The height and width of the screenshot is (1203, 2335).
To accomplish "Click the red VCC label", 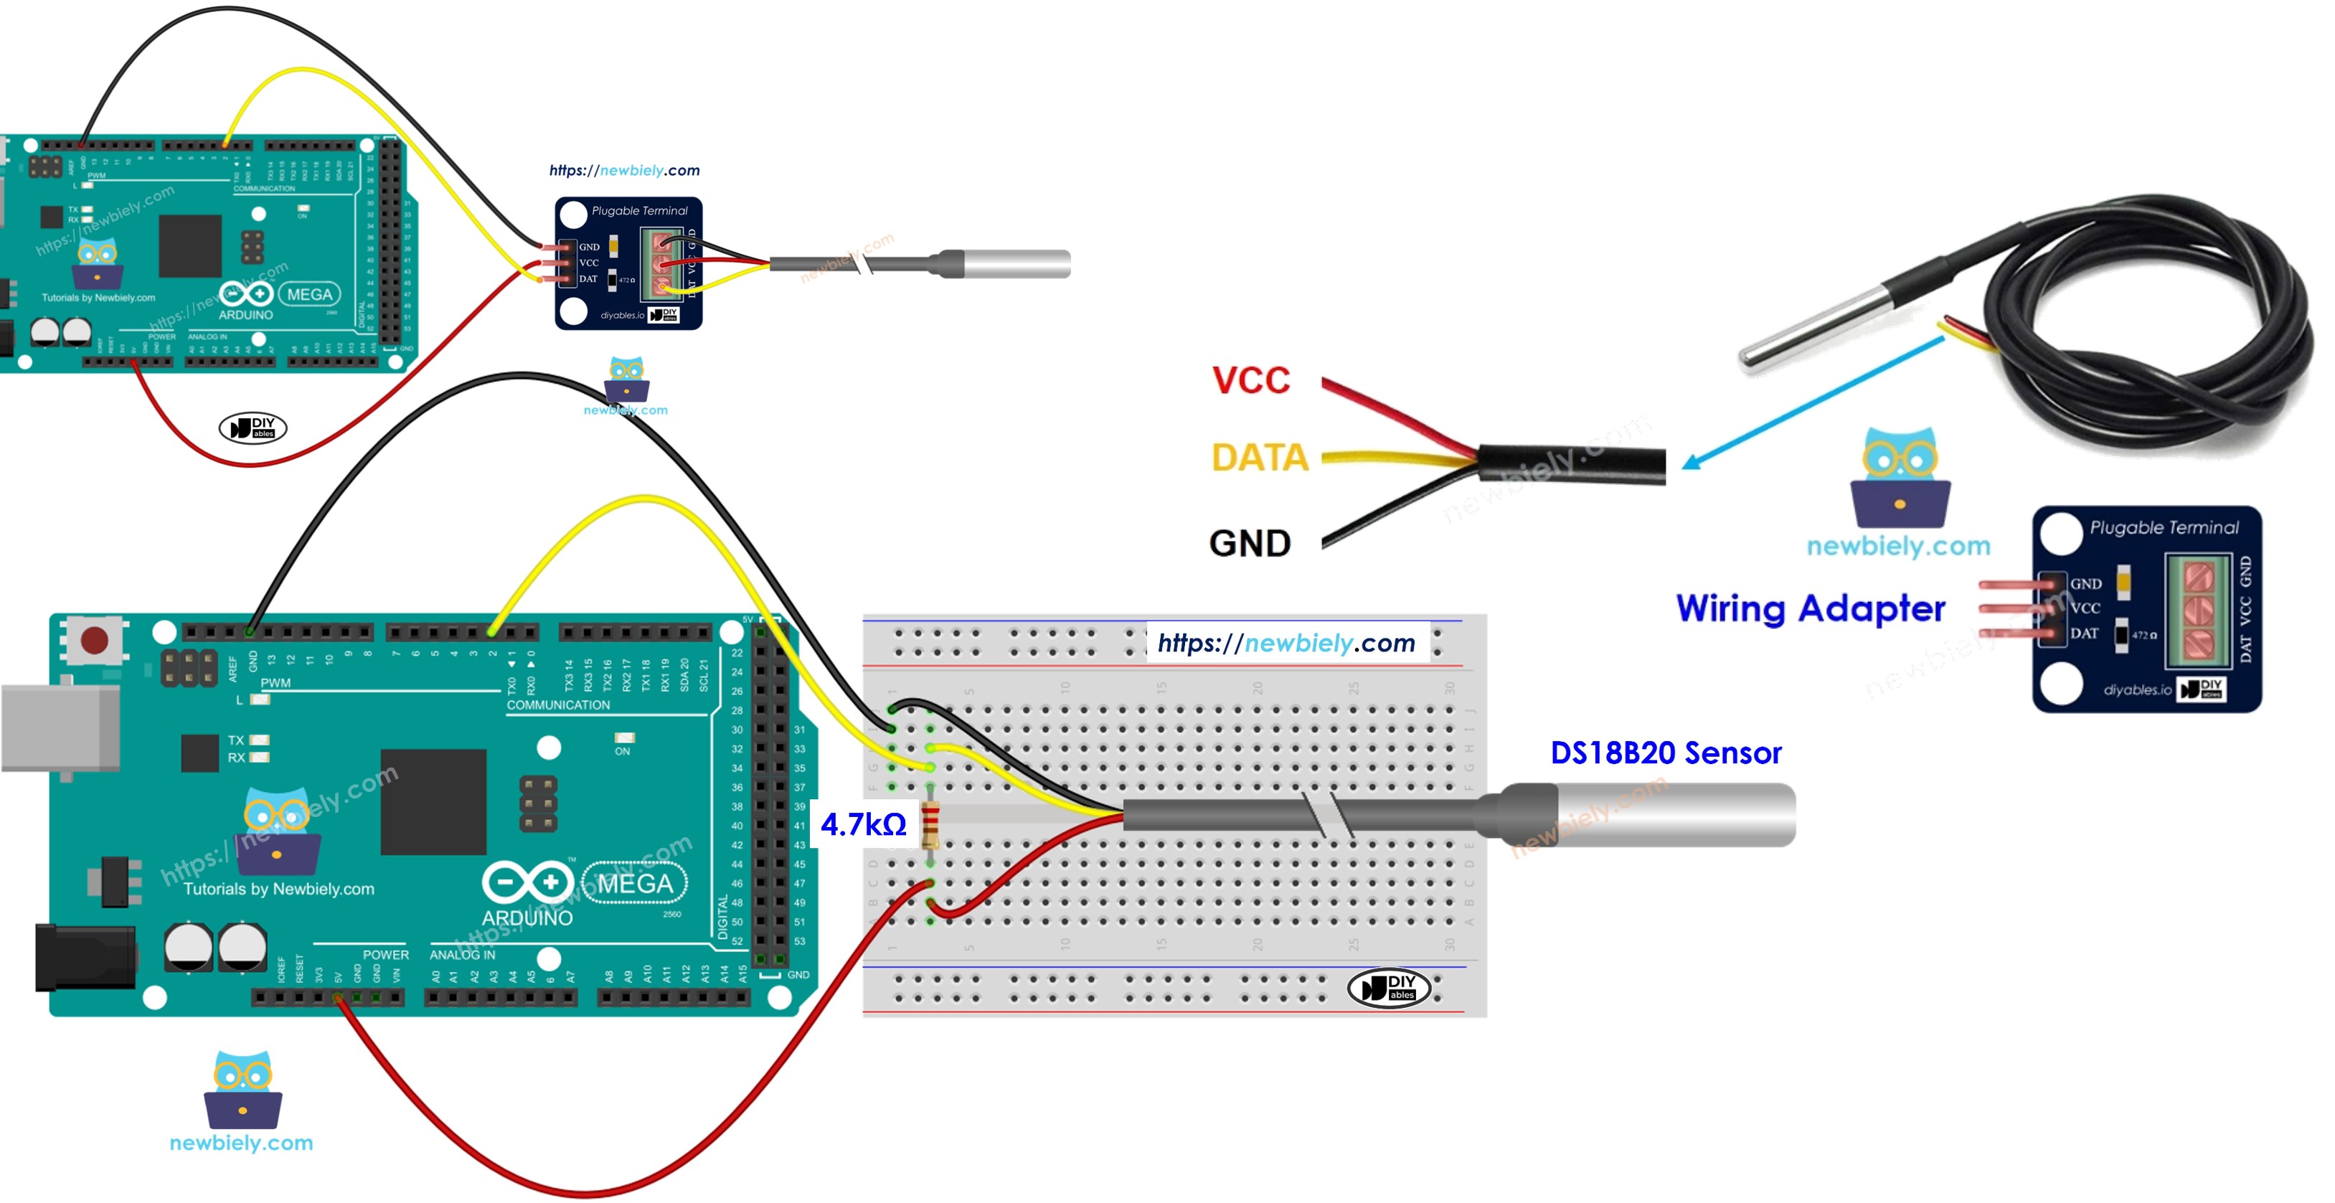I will (x=1251, y=381).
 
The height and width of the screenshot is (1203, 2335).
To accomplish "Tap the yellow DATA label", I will (x=1260, y=457).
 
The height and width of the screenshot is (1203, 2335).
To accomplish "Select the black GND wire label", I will (x=1250, y=543).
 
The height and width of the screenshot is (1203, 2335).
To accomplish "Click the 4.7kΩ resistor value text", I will (x=863, y=824).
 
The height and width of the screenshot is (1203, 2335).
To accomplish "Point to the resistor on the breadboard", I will (x=929, y=825).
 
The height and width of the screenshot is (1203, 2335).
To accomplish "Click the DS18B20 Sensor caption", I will (x=1665, y=753).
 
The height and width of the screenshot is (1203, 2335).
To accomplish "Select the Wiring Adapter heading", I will (x=1810, y=608).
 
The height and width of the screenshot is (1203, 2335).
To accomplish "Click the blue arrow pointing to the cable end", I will (x=1813, y=402).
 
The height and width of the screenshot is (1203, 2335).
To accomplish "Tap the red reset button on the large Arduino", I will (x=94, y=640).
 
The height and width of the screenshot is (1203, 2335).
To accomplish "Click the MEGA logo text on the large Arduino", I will (x=635, y=883).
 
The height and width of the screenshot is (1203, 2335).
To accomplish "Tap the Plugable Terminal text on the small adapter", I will (x=639, y=210).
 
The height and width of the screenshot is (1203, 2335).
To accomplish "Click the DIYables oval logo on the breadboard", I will (x=1389, y=987).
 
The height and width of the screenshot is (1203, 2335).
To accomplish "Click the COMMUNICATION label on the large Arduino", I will (x=557, y=704).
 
